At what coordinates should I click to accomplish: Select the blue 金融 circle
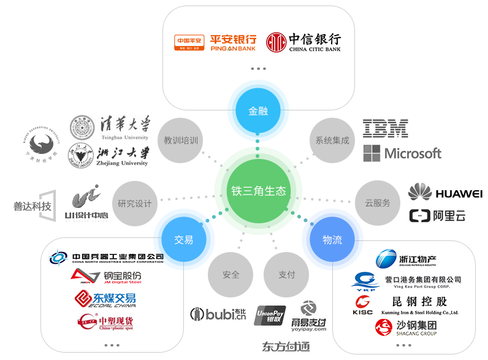coord(257,112)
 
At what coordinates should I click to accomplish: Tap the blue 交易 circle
coord(183,240)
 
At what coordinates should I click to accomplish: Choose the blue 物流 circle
coord(332,240)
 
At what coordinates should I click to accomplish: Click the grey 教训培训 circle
coord(180,140)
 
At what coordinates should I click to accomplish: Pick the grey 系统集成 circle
coord(332,140)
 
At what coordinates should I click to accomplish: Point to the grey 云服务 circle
coord(377,202)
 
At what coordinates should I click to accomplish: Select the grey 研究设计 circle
coord(134,203)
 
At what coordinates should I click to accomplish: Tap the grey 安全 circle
coord(231,275)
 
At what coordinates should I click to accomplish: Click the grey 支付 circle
coord(286,275)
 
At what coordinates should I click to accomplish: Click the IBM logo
coord(386,128)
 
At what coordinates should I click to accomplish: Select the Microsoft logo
coord(402,153)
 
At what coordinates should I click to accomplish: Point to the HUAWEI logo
coord(446,193)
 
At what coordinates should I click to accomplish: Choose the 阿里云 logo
coord(438,216)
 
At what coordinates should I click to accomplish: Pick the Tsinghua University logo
coord(110,128)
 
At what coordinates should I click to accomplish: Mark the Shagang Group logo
coord(406,327)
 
